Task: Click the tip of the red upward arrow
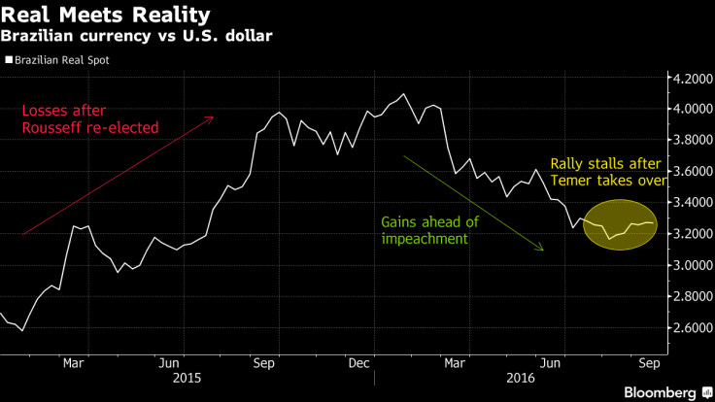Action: [x=213, y=117]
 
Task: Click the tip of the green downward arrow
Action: [x=542, y=251]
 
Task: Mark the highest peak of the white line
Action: [x=403, y=94]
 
